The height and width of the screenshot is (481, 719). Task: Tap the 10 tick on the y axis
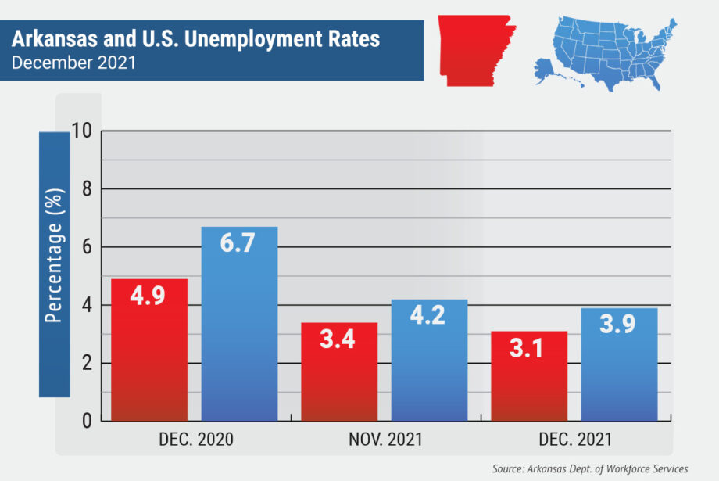coord(81,131)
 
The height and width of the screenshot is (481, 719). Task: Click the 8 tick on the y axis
coord(87,188)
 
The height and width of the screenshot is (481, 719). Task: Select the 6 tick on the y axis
coord(87,247)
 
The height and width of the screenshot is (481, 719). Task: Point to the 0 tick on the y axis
coord(87,422)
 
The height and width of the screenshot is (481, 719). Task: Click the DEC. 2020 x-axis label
coord(195,440)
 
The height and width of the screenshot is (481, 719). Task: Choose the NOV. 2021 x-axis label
coord(385,440)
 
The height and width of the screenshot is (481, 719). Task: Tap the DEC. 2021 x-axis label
coord(574,440)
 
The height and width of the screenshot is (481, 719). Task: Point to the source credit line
coord(590,468)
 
